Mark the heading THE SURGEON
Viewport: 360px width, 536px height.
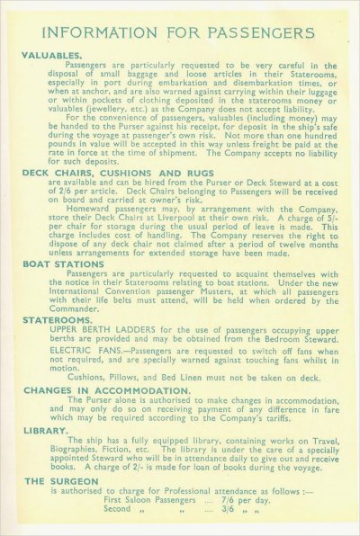coord(59,482)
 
